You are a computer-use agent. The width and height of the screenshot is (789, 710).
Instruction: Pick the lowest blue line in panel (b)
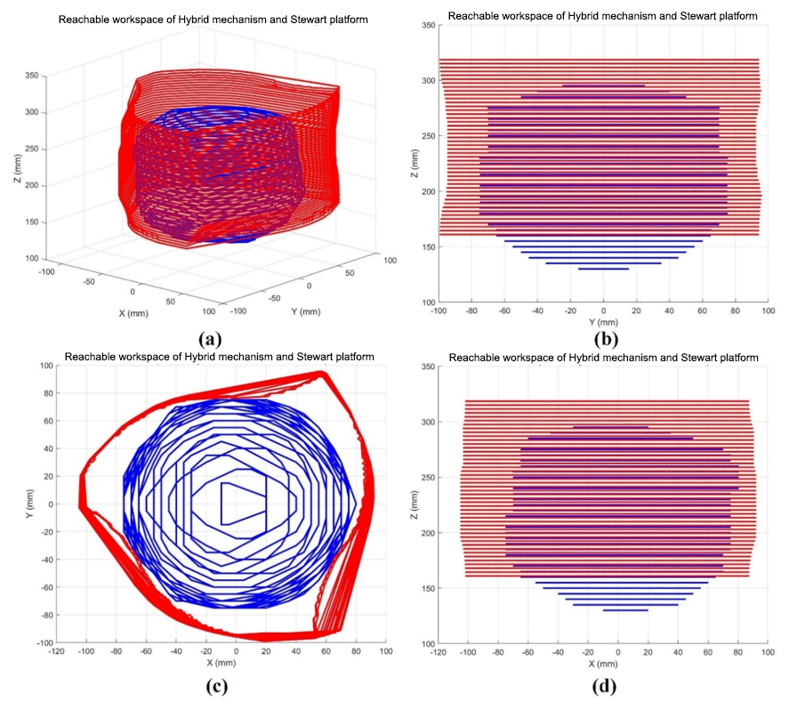point(603,269)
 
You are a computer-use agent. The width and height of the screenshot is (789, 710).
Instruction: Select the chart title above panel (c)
point(219,358)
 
